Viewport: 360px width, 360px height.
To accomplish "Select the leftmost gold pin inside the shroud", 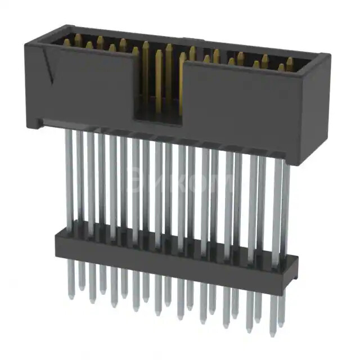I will click(67, 42).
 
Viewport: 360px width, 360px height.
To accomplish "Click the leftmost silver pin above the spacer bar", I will click(69, 180).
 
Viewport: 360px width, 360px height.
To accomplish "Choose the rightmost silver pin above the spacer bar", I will click(286, 208).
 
